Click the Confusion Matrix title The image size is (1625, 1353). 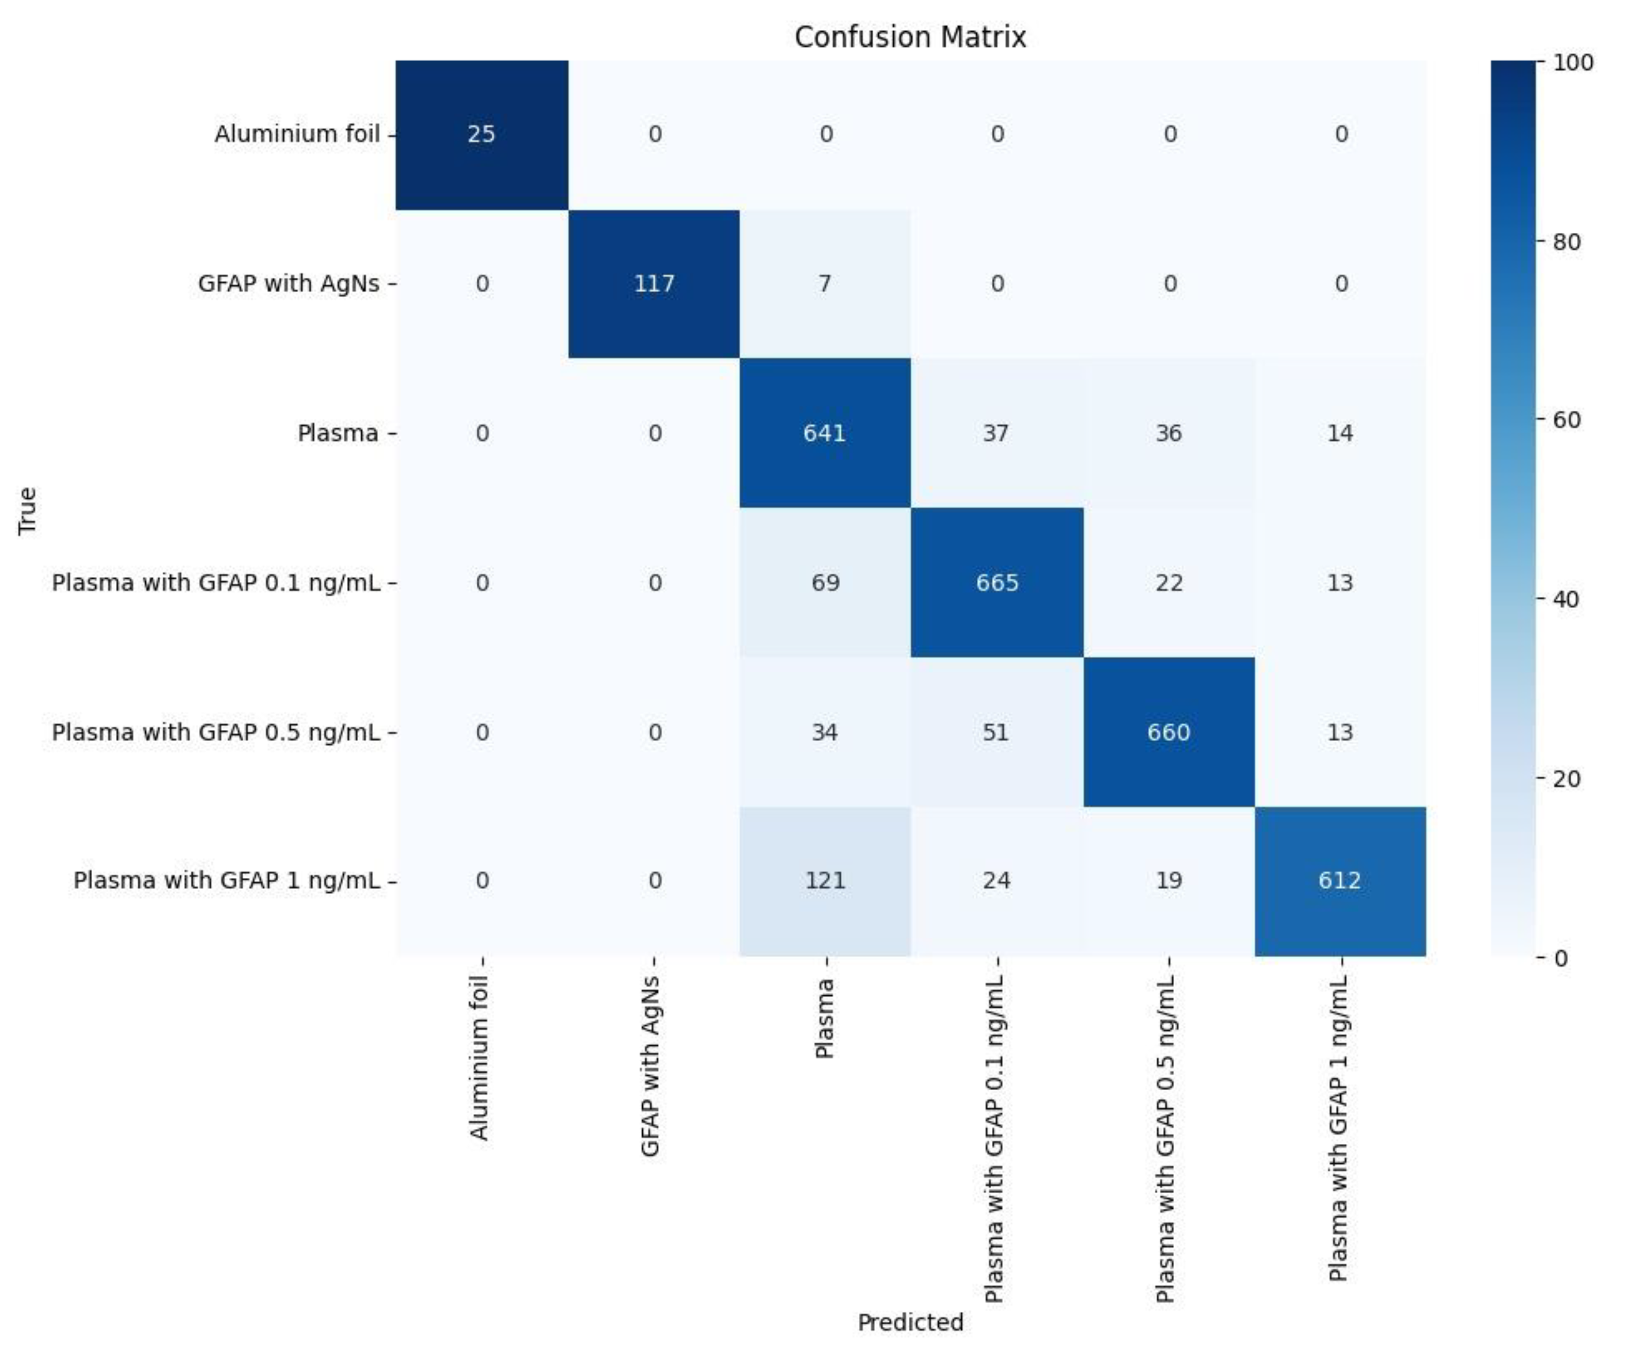pos(910,37)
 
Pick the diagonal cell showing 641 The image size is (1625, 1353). pos(825,433)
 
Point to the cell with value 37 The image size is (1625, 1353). pos(996,433)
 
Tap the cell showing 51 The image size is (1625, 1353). pos(996,732)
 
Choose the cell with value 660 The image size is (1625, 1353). pos(1168,732)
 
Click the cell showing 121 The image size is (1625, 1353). pos(826,881)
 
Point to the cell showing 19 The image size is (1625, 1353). pos(1168,881)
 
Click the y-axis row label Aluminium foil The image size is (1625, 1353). pos(297,134)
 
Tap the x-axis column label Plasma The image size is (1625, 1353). pos(825,1018)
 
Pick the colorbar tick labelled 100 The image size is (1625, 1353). pos(1573,62)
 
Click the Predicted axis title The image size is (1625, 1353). pos(910,1322)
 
